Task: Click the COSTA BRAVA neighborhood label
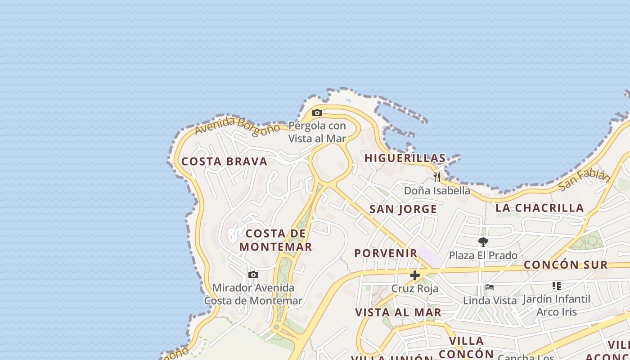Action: [224, 162]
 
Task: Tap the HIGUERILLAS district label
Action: [405, 158]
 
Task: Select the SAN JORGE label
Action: [403, 209]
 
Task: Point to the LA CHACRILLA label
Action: [540, 208]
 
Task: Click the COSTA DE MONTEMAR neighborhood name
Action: [275, 240]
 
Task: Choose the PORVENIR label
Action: [386, 253]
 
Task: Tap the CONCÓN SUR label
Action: [566, 265]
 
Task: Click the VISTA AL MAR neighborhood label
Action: [398, 312]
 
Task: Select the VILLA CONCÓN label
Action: [466, 347]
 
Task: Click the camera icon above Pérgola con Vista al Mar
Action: [317, 112]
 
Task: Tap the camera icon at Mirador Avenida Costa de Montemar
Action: [253, 274]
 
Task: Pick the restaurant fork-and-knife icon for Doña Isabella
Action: [437, 177]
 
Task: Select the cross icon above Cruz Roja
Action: [415, 275]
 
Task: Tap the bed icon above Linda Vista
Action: [490, 287]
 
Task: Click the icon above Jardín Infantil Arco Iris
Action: [557, 286]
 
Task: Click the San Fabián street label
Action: [584, 179]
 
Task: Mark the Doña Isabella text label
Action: [437, 190]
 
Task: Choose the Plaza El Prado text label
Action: [483, 256]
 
